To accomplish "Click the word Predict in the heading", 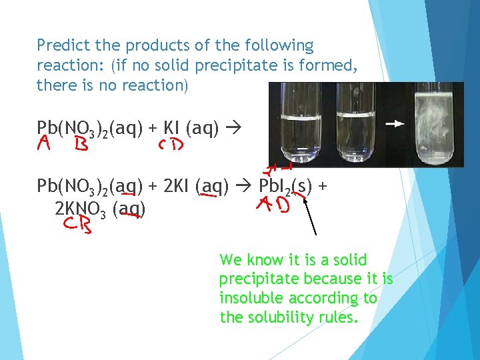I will [61, 46].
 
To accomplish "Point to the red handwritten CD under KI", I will [171, 145].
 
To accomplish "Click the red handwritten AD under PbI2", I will [275, 207].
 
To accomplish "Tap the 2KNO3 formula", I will [81, 210].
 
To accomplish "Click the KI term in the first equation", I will [172, 127].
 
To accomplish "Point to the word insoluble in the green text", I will [248, 298].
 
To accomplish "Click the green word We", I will [230, 259].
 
